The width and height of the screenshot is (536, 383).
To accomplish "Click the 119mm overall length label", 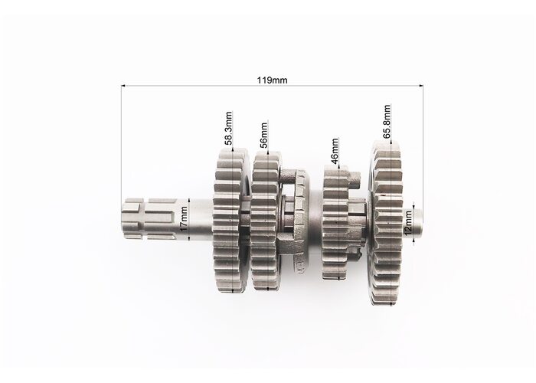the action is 272,80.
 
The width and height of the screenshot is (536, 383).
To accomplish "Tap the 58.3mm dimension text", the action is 229,128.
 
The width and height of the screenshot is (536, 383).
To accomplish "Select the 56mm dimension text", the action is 263,135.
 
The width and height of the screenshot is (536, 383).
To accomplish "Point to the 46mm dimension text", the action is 335,150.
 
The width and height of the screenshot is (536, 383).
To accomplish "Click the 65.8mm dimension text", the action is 387,121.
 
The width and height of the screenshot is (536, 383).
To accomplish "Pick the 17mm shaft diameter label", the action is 184,218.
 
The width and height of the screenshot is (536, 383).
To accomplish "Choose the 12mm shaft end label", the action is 407,223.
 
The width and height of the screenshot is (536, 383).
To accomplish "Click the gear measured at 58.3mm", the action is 231,221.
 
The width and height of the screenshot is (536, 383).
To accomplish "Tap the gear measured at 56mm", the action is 266,221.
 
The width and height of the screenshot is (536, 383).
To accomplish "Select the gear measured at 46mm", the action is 336,222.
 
